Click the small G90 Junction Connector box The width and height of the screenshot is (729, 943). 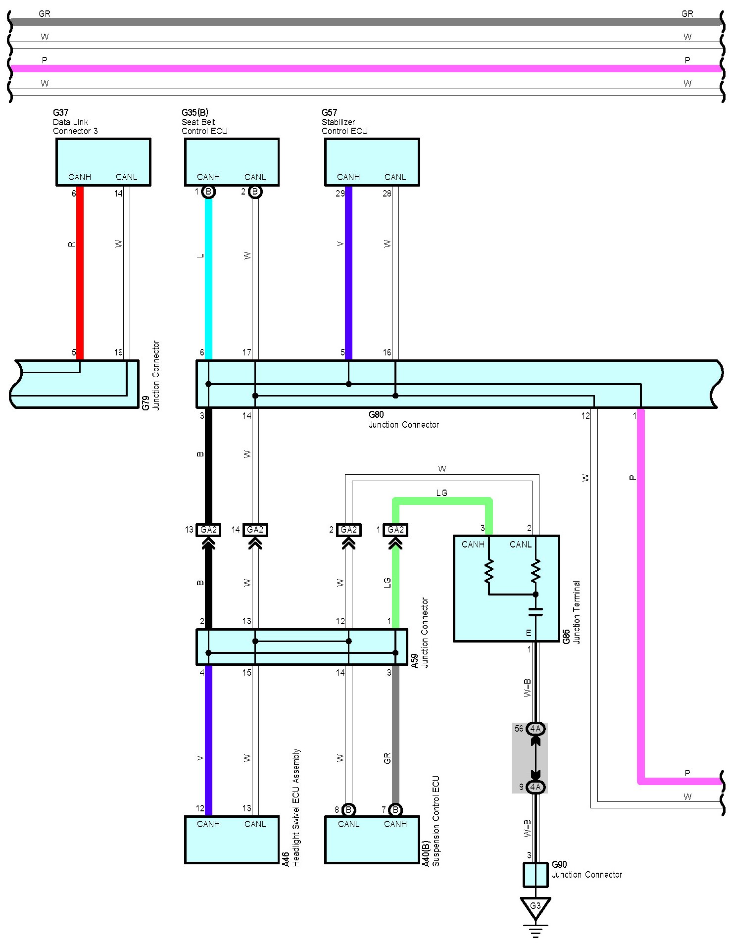(535, 875)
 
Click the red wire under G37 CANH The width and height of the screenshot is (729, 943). (80, 273)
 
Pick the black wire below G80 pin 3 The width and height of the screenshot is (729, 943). (208, 466)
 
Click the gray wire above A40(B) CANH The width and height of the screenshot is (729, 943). (395, 735)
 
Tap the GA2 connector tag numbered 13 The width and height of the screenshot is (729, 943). (208, 530)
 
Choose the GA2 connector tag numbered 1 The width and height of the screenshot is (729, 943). (395, 530)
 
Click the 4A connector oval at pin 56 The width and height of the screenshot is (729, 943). (535, 729)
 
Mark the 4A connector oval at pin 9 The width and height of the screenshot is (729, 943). (535, 787)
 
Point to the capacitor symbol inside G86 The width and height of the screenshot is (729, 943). (535, 612)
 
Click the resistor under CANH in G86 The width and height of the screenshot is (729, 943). (489, 571)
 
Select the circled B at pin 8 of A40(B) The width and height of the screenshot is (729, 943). (348, 810)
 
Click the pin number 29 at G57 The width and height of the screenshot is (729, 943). (340, 194)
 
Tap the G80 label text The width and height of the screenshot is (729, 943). (376, 415)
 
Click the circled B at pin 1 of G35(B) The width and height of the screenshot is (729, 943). (208, 192)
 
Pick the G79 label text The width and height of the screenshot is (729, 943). (146, 403)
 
